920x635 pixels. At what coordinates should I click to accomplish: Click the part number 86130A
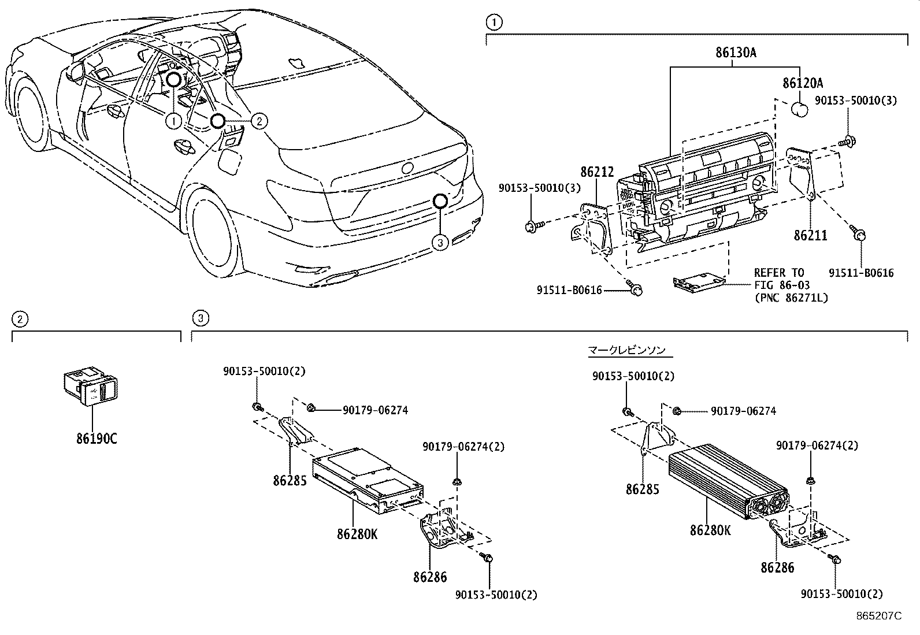tap(735, 53)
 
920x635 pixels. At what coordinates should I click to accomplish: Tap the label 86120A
tap(802, 83)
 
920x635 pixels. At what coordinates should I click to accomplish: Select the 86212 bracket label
tap(596, 172)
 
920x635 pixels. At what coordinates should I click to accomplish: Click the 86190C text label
tap(97, 439)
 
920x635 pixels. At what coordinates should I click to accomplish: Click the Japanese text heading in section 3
tap(626, 350)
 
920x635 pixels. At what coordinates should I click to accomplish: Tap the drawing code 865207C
tap(879, 616)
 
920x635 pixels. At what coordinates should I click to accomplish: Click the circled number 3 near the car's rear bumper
tap(440, 243)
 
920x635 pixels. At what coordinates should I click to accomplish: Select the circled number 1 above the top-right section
tap(493, 23)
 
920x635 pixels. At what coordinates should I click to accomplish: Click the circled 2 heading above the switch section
tap(20, 318)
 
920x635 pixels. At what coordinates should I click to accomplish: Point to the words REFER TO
tap(778, 273)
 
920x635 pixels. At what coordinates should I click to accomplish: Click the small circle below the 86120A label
tap(800, 108)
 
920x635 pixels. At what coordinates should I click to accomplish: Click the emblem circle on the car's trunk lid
tap(408, 168)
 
